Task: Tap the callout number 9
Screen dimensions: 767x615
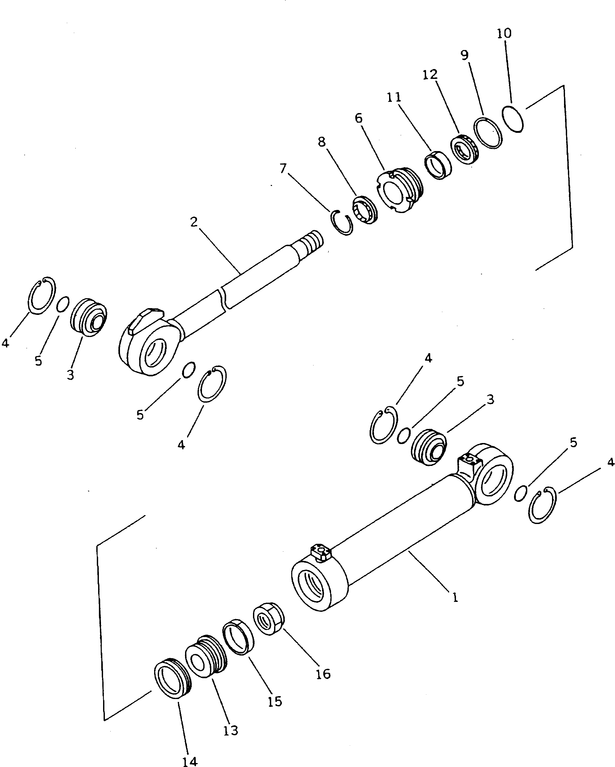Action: coord(465,55)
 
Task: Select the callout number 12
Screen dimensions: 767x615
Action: coord(430,75)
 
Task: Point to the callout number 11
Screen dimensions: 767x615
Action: coord(394,97)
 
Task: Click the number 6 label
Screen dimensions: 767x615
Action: coord(359,118)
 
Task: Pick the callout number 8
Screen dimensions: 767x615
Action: coord(321,142)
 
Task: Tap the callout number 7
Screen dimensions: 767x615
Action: coord(283,168)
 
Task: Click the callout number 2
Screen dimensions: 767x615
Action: coord(194,222)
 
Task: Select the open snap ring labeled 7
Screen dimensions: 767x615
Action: coord(341,223)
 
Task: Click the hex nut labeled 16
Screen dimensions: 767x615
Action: coord(269,619)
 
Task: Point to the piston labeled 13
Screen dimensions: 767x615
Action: coord(205,657)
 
